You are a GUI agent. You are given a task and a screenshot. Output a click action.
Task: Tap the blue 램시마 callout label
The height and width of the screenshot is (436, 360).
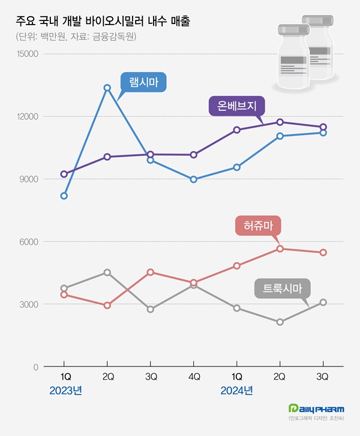coord(143,83)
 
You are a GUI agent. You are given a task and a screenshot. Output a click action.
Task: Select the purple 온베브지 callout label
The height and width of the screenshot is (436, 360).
coord(236,107)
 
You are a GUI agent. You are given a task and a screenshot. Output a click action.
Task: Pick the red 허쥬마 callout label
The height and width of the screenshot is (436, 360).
coord(258,226)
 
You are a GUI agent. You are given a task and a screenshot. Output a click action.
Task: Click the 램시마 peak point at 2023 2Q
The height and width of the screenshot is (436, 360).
coord(107,88)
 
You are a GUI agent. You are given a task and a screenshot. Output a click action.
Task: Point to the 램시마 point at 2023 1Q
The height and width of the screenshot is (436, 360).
coord(64,196)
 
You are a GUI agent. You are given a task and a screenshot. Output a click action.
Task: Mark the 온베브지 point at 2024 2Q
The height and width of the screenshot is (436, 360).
coord(280,122)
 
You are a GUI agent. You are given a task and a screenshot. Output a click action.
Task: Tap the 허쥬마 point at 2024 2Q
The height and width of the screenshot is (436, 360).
coord(280,248)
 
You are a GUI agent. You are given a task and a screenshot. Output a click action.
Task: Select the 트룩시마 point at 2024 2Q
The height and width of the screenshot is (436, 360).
coord(280,322)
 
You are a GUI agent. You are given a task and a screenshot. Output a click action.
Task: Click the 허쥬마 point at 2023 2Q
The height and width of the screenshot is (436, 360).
coord(107,305)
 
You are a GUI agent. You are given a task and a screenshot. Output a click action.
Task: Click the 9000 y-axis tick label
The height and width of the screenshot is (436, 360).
coord(29,179)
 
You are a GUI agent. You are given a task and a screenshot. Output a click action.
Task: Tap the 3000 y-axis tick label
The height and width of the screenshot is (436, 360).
coord(29,305)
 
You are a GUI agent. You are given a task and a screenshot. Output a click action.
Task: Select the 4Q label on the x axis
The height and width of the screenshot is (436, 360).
coord(193,377)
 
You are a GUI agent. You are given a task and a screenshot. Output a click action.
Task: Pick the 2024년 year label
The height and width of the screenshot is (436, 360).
coord(237,390)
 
